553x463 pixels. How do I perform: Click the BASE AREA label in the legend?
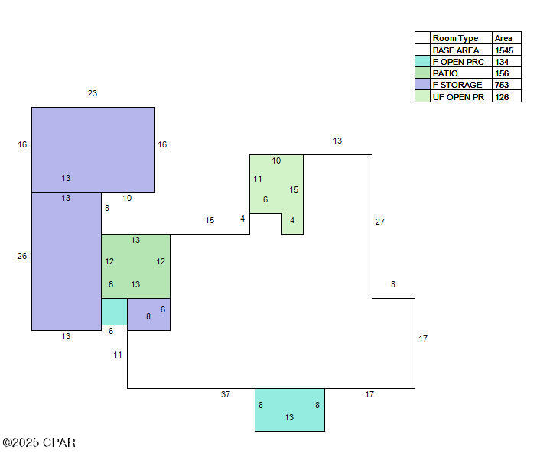(456, 50)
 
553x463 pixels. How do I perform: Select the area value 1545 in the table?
(503, 50)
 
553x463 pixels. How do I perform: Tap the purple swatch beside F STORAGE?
(422, 85)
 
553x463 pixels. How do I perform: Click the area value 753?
(502, 85)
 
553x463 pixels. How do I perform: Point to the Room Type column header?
(455, 38)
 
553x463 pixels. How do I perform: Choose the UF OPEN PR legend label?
(458, 97)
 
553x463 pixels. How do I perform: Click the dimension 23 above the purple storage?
(93, 93)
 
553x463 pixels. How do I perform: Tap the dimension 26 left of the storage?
(22, 256)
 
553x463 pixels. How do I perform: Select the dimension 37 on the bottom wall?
(226, 394)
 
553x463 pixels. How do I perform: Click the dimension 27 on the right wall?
(380, 222)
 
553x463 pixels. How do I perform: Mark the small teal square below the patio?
(114, 311)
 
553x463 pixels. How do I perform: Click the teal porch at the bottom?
(289, 410)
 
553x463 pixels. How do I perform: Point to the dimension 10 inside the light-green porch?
(276, 160)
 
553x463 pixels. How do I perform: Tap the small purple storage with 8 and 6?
(149, 314)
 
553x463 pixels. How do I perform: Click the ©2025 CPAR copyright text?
(39, 442)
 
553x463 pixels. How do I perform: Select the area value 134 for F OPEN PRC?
(502, 62)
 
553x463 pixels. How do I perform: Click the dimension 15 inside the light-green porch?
(294, 189)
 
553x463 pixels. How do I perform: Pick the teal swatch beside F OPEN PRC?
(422, 62)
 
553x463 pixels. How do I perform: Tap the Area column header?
(503, 38)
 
